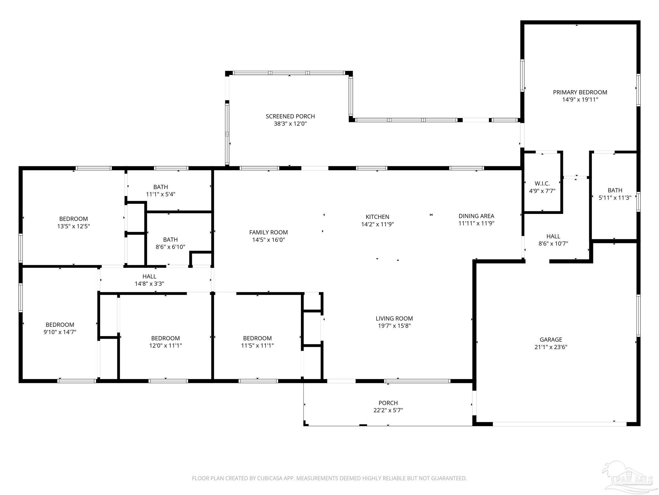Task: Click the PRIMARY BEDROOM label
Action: tap(580, 92)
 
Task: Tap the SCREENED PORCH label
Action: tap(290, 116)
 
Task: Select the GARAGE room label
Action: tap(551, 340)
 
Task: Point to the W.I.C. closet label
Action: tap(542, 184)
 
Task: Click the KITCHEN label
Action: tap(377, 217)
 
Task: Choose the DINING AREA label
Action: tap(476, 216)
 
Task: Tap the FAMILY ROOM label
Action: tap(268, 232)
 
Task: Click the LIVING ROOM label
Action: tap(394, 318)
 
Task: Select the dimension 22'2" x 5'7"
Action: tap(388, 410)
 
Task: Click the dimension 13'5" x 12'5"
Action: tap(73, 226)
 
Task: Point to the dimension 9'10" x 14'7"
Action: tap(60, 332)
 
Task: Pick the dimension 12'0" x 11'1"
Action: tap(165, 345)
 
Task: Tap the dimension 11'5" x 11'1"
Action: tap(257, 345)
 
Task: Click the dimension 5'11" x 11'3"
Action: tap(615, 198)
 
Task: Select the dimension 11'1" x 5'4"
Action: tap(161, 194)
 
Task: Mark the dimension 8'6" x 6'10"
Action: tap(170, 247)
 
